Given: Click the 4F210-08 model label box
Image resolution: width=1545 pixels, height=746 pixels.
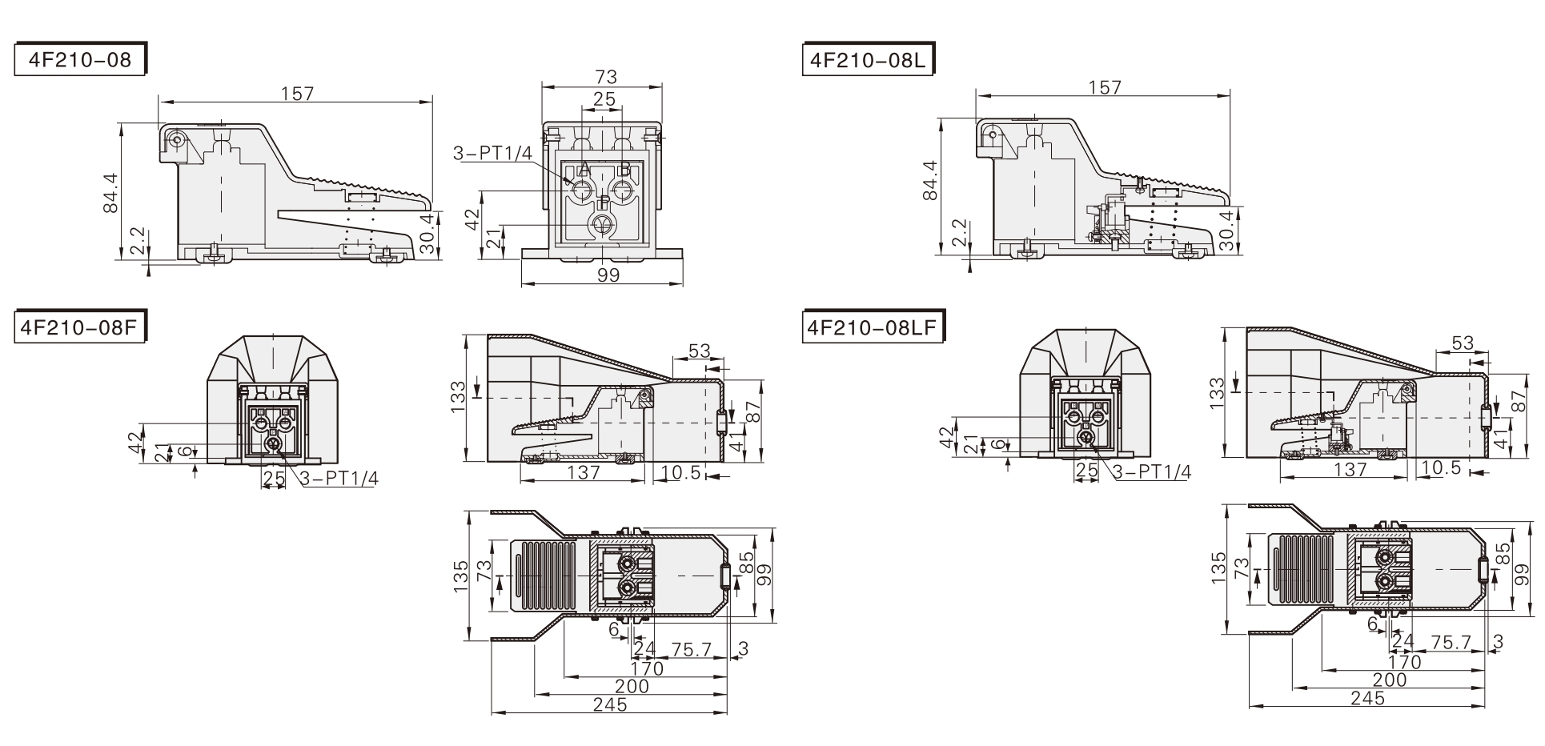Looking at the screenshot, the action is [x=80, y=60].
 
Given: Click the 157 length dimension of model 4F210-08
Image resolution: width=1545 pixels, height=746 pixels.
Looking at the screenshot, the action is [x=297, y=94].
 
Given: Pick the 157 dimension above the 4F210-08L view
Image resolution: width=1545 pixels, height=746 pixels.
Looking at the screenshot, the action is [x=1106, y=86].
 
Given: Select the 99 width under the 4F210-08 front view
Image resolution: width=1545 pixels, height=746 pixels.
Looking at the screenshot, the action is [x=608, y=275].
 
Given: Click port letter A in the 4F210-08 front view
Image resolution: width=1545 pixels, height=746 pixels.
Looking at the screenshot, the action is [x=584, y=170].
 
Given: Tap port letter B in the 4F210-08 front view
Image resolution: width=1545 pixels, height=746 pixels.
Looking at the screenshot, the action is [x=625, y=170].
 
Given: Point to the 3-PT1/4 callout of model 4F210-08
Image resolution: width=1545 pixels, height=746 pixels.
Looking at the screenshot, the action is [x=492, y=154].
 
